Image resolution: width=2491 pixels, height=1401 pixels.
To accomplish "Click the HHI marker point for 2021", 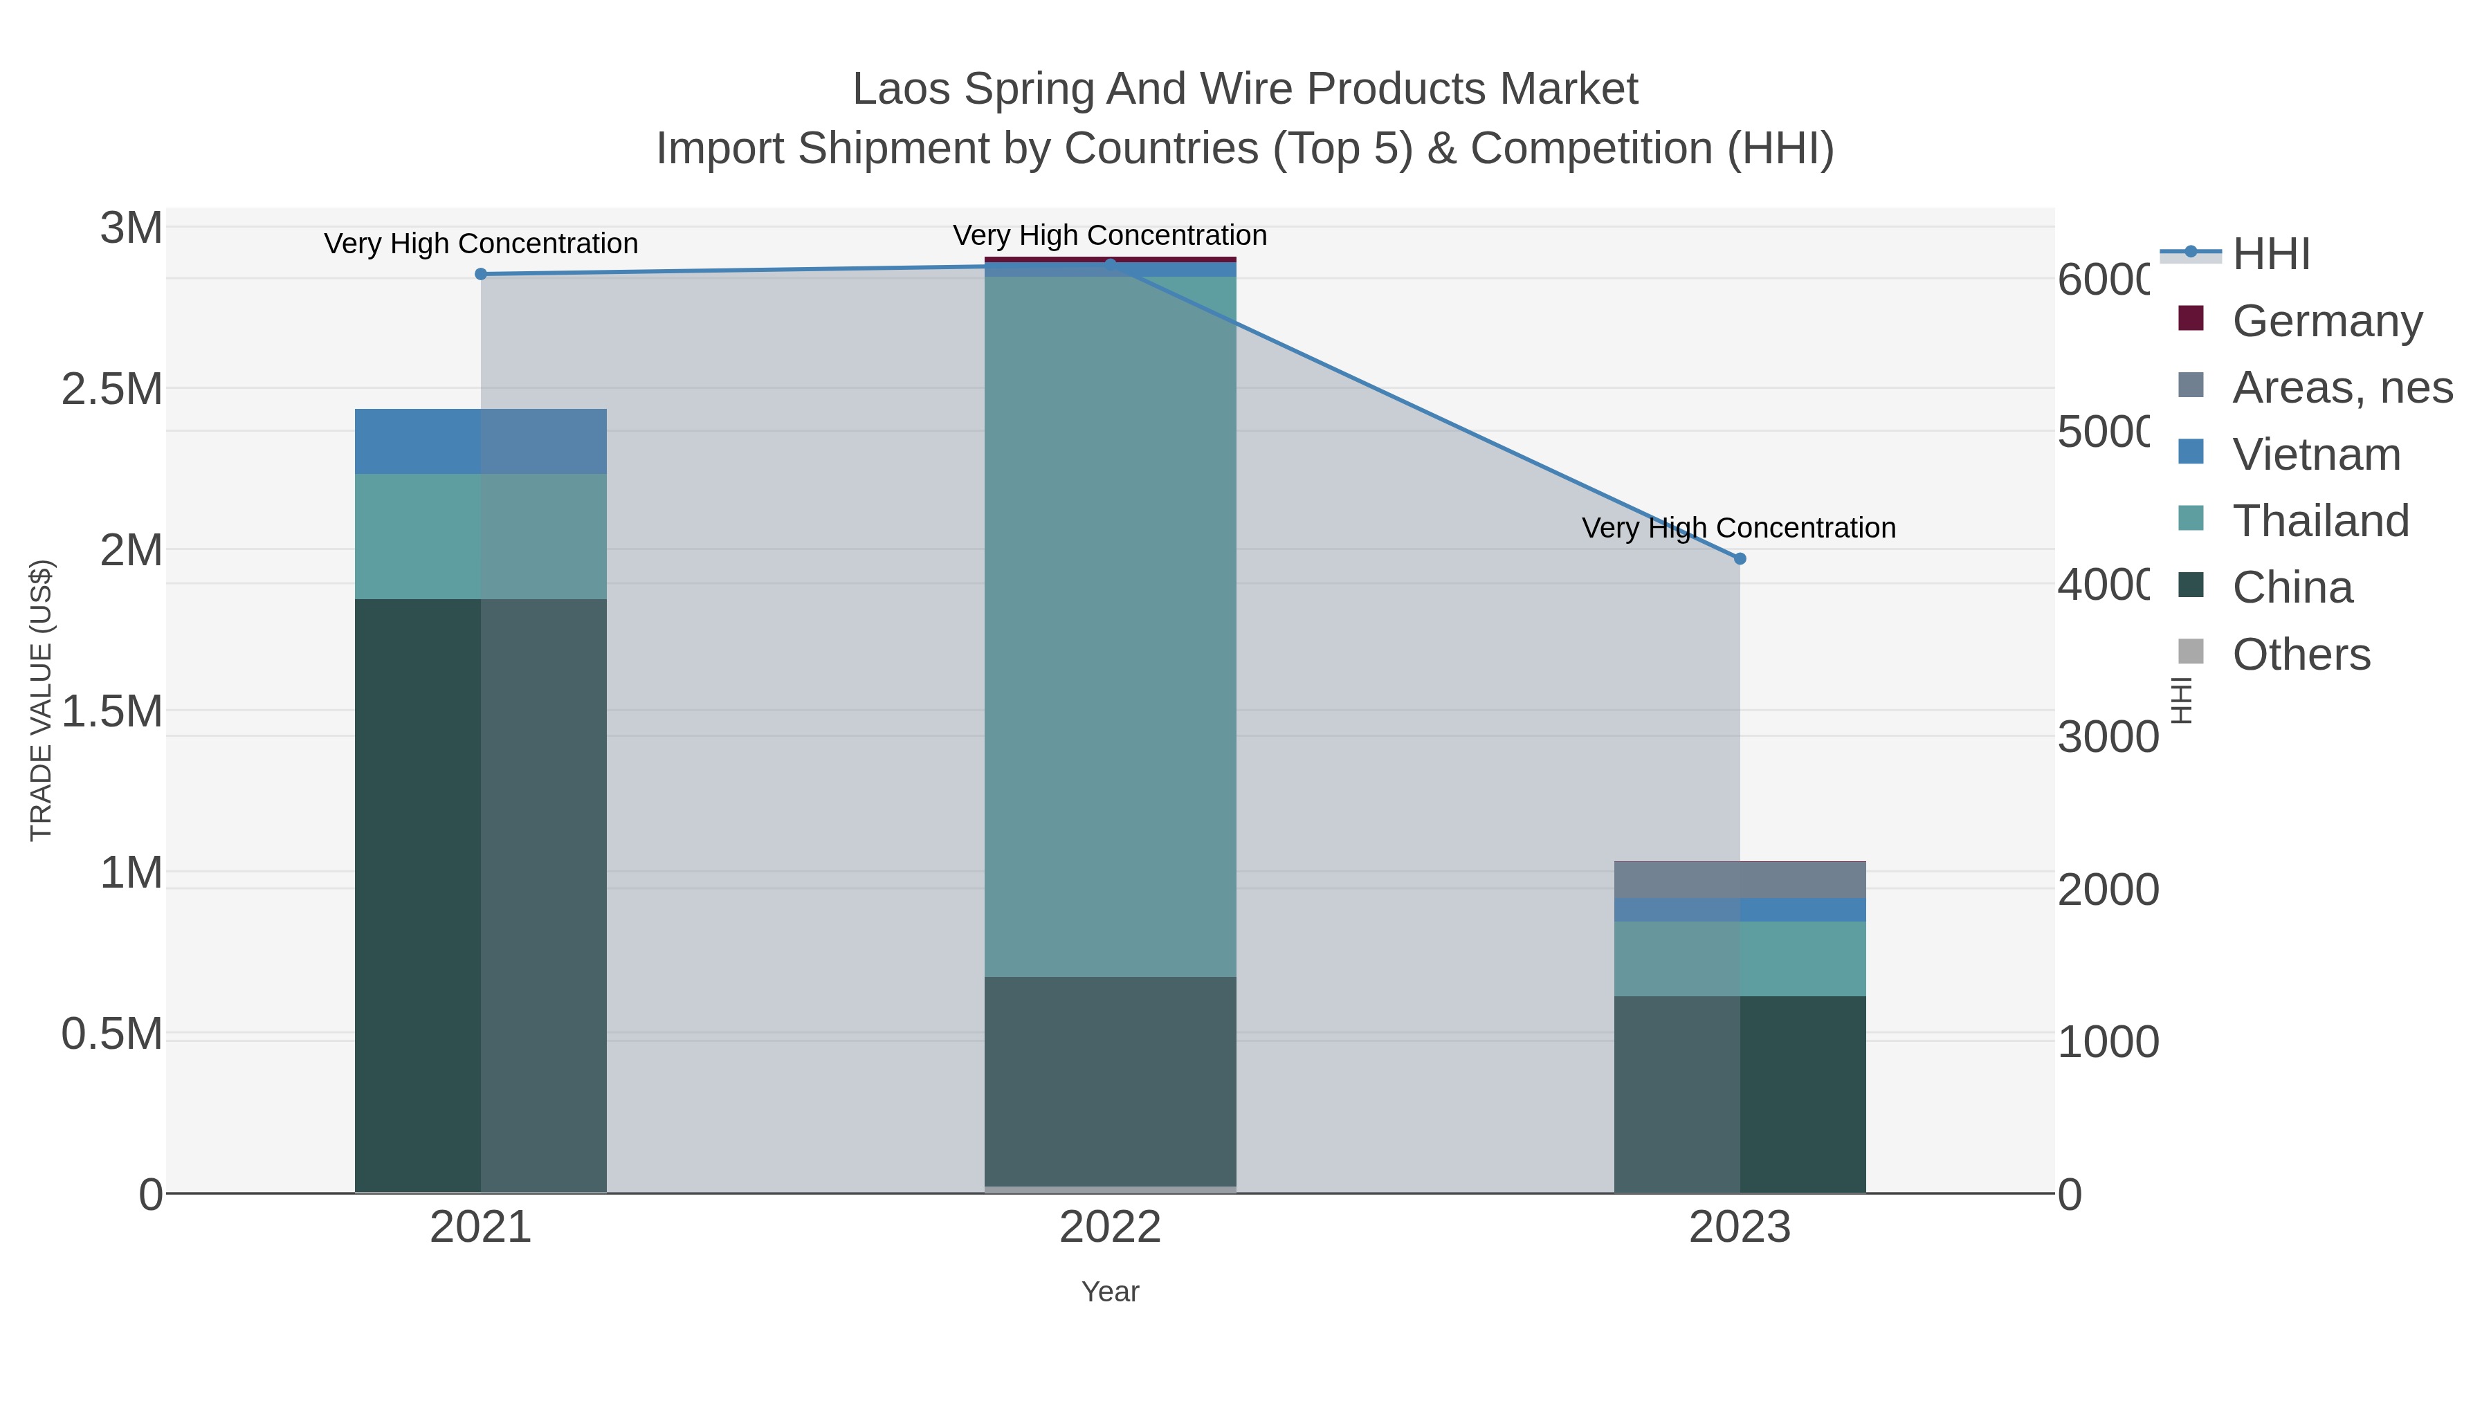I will click(x=481, y=275).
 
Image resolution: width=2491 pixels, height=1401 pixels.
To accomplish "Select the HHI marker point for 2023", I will click(x=1740, y=559).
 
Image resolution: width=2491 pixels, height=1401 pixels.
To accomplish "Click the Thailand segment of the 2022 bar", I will click(x=1110, y=627).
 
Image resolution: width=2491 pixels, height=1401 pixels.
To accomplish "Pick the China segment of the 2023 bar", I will click(x=1740, y=1095).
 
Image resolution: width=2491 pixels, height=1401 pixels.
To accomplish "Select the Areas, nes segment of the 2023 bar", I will click(x=1740, y=880).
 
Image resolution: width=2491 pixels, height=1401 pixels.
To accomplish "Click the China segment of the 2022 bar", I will click(x=1110, y=1081).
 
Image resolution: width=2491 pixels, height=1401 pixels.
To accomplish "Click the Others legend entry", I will click(x=2301, y=654).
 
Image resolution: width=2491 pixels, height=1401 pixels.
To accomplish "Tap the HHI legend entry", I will click(x=2270, y=255).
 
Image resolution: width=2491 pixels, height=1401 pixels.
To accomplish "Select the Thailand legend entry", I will click(x=2320, y=521).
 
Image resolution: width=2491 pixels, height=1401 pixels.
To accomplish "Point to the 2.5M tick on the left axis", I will click(x=112, y=390).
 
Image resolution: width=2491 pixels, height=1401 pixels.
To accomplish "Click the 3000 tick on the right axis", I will click(x=2107, y=738).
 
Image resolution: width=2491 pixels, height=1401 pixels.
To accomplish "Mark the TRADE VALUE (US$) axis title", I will click(x=41, y=700).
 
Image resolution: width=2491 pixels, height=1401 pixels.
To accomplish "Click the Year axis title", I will click(x=1110, y=1292).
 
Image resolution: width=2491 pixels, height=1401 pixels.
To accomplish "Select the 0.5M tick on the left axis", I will click(x=112, y=1034).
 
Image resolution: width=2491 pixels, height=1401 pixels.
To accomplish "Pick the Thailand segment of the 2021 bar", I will click(x=481, y=537).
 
